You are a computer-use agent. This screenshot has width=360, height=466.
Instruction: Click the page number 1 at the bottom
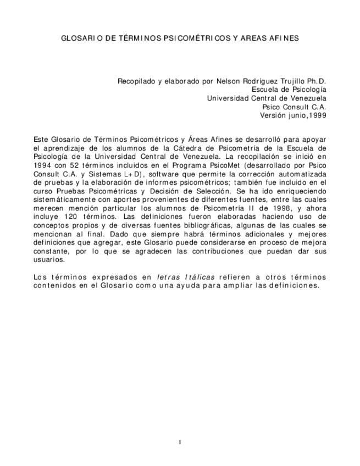[x=180, y=442]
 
